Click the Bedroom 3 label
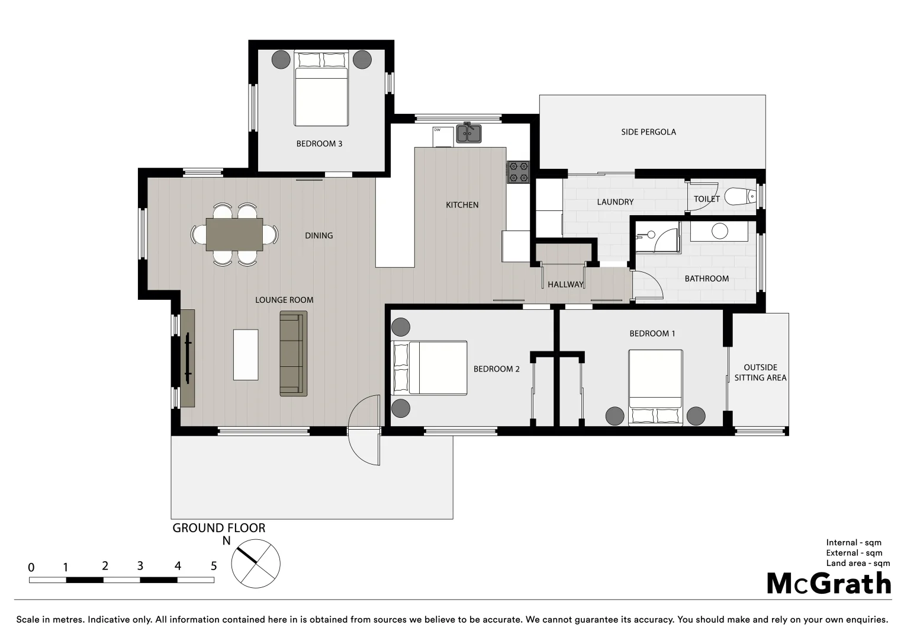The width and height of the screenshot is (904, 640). click(319, 143)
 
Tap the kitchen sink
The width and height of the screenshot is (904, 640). click(468, 134)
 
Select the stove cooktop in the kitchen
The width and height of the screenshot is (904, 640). click(519, 172)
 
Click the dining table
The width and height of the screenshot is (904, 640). click(234, 235)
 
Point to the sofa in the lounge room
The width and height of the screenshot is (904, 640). click(293, 353)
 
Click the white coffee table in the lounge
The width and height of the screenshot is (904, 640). click(246, 354)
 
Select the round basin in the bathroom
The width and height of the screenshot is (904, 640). click(719, 231)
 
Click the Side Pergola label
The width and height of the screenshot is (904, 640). click(648, 132)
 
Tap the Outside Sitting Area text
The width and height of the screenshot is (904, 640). click(760, 373)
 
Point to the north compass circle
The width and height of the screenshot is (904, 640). click(256, 564)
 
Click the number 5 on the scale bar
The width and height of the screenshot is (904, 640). click(214, 566)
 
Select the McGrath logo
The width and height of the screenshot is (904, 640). click(829, 584)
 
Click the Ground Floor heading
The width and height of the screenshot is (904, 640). click(218, 528)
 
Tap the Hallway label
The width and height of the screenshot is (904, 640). click(565, 284)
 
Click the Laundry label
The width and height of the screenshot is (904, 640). click(615, 201)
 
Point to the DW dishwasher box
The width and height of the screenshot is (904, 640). click(442, 137)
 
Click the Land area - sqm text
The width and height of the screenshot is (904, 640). click(858, 563)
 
